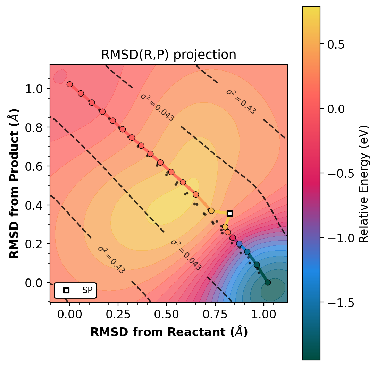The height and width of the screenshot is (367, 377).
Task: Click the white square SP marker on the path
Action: [229, 213]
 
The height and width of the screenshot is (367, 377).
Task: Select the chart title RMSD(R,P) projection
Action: [169, 55]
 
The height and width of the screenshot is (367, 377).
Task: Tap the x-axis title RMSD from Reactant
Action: [169, 332]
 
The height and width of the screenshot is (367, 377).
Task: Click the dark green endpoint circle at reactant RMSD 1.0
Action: [268, 282]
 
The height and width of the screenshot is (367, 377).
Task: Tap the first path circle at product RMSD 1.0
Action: [69, 84]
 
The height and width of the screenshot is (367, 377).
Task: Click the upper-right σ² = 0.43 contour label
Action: [241, 101]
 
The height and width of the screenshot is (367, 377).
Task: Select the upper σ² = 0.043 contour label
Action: [157, 107]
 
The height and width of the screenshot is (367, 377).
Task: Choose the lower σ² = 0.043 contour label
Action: [186, 255]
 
